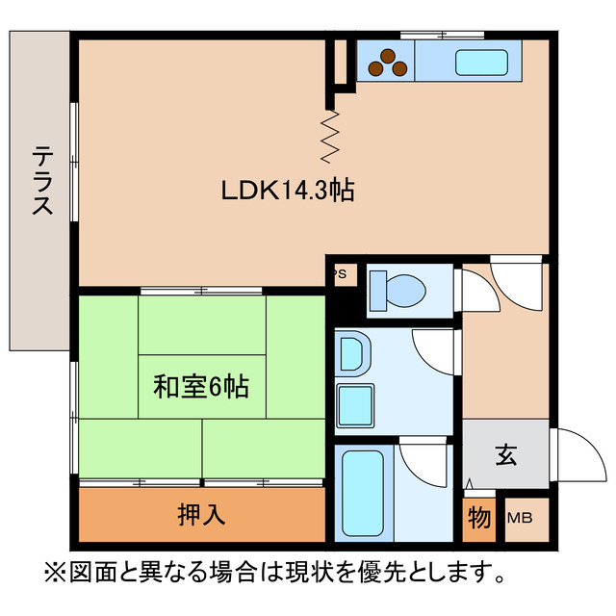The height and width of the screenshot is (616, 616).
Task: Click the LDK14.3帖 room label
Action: (288, 191)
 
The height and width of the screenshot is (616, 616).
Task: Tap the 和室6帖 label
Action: (201, 387)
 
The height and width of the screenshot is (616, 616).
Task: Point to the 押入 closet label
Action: (201, 515)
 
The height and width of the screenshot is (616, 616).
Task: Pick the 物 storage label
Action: (478, 518)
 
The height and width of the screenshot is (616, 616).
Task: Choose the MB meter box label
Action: (519, 519)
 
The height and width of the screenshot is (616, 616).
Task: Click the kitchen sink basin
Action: (482, 63)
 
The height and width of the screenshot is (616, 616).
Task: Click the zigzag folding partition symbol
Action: (331, 135)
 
